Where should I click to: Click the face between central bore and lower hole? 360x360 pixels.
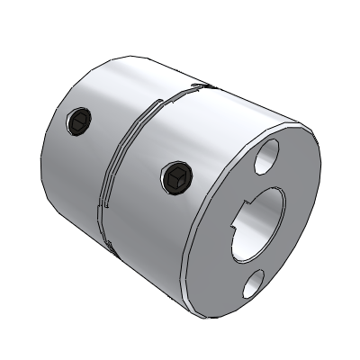[256, 263]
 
